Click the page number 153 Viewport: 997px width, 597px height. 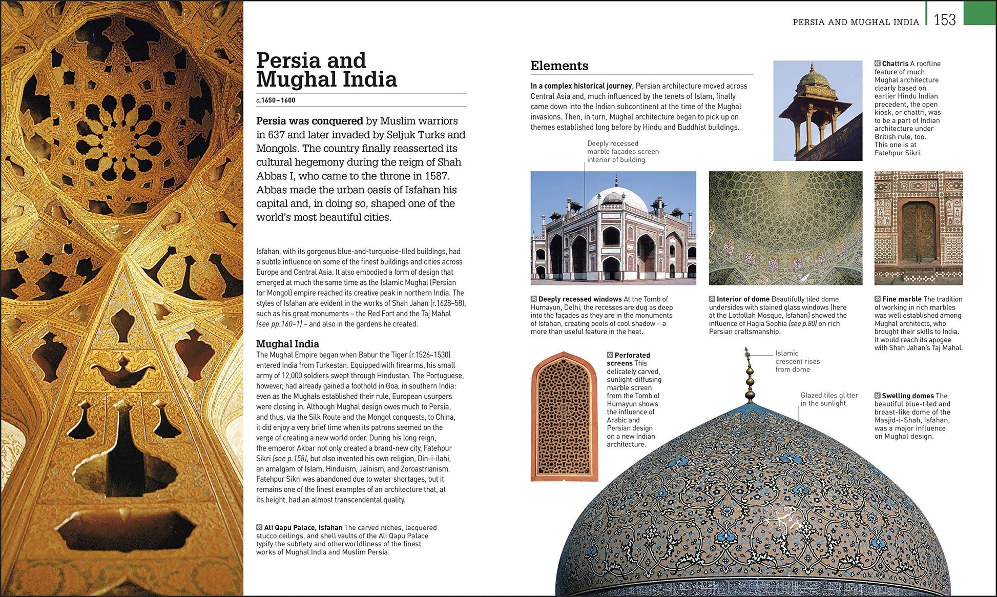click(x=944, y=20)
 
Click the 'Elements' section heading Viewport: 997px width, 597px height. click(x=559, y=66)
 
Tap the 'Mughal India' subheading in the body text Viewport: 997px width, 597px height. click(x=287, y=344)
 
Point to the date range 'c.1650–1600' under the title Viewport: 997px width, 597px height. click(x=276, y=100)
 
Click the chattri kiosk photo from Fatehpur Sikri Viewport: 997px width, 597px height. click(x=817, y=110)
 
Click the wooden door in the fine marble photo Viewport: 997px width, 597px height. click(x=918, y=232)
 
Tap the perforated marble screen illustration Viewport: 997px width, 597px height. click(x=564, y=416)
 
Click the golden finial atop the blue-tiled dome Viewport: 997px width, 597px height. click(x=750, y=377)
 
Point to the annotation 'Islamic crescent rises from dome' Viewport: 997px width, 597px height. click(x=797, y=361)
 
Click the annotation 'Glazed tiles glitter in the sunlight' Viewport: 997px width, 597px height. click(x=829, y=399)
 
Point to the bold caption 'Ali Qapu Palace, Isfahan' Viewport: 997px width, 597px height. click(x=303, y=527)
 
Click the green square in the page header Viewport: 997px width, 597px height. click(x=980, y=13)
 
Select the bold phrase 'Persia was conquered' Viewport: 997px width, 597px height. click(x=309, y=121)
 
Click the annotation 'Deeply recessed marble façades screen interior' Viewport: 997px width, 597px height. click(x=622, y=152)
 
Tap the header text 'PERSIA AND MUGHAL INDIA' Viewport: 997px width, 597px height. click(x=856, y=22)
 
